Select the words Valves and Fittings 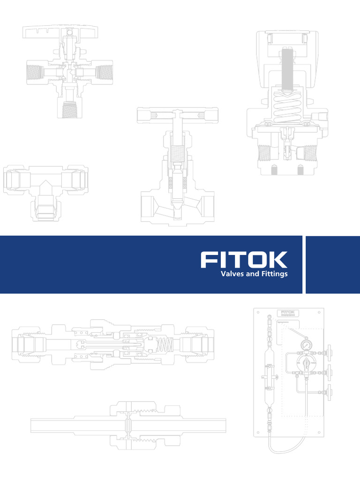254,274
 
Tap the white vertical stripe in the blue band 305,264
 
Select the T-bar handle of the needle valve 177,115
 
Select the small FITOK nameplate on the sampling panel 287,313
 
